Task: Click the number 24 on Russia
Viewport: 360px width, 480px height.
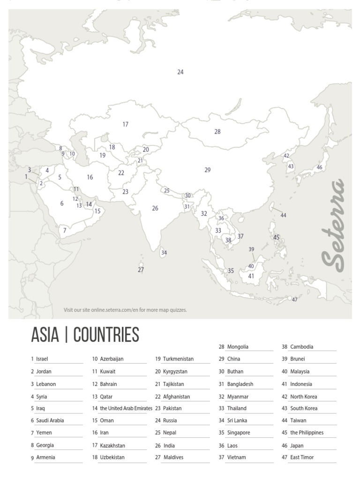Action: click(x=180, y=72)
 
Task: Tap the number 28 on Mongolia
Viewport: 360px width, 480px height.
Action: click(x=217, y=132)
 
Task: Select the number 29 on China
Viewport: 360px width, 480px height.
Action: click(x=208, y=170)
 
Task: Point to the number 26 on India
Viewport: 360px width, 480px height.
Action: click(x=155, y=209)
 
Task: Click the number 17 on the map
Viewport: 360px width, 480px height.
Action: click(x=125, y=125)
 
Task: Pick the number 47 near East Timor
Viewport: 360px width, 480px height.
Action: click(x=295, y=300)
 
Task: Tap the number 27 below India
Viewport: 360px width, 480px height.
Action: click(x=141, y=270)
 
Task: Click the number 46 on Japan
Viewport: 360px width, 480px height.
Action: click(x=319, y=168)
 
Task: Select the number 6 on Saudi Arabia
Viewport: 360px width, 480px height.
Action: click(x=61, y=203)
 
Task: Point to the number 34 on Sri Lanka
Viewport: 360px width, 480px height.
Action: click(x=164, y=253)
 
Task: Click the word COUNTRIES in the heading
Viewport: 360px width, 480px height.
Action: click(x=106, y=335)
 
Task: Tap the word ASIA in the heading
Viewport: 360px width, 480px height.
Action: click(x=45, y=335)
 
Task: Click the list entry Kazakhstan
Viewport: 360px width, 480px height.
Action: click(x=112, y=445)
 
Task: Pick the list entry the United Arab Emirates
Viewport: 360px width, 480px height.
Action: click(x=126, y=408)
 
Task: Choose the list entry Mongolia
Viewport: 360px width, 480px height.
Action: click(x=238, y=347)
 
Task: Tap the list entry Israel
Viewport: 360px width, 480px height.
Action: click(x=42, y=359)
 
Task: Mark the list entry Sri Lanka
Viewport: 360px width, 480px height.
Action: click(x=237, y=420)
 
